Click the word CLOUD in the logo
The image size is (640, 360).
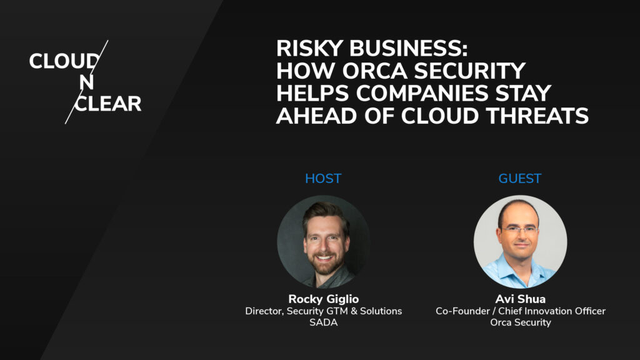click(63, 61)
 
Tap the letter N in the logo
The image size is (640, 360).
click(87, 82)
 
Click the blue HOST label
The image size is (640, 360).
click(323, 179)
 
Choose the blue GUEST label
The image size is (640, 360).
click(520, 179)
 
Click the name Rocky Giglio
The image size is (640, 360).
click(323, 299)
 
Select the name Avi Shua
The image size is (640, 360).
click(520, 299)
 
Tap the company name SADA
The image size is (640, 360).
click(323, 322)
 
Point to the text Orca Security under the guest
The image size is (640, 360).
click(520, 322)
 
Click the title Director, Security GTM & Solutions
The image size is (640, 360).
click(323, 311)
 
